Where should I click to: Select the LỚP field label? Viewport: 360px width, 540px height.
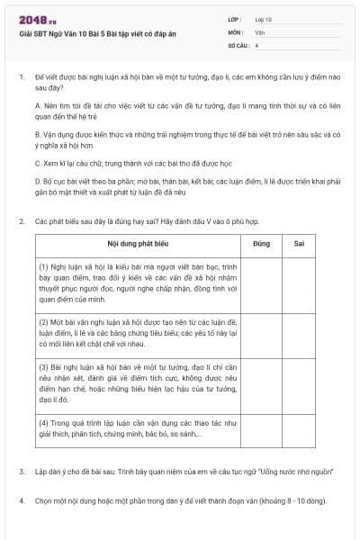pos(235,18)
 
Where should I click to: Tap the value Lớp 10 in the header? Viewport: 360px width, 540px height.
pos(264,18)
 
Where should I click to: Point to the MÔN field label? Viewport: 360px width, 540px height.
pos(236,31)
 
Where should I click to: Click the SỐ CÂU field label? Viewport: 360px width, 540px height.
pos(238,43)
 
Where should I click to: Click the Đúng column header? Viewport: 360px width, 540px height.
pos(262,244)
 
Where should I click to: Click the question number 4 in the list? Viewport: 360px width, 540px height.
pos(22,499)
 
